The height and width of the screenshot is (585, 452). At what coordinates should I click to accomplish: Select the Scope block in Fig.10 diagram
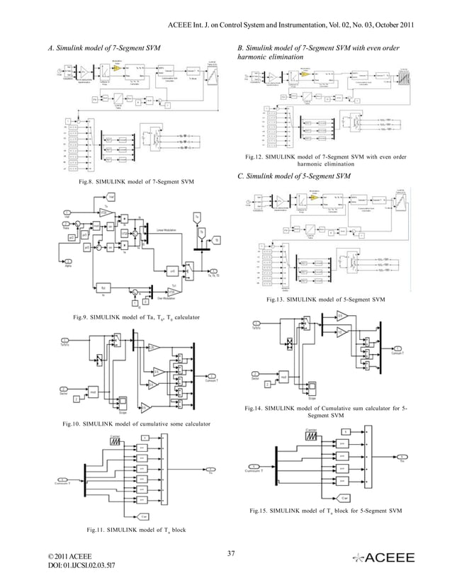pos(123,407)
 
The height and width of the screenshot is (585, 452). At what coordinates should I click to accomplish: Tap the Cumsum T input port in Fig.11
pos(67,476)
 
